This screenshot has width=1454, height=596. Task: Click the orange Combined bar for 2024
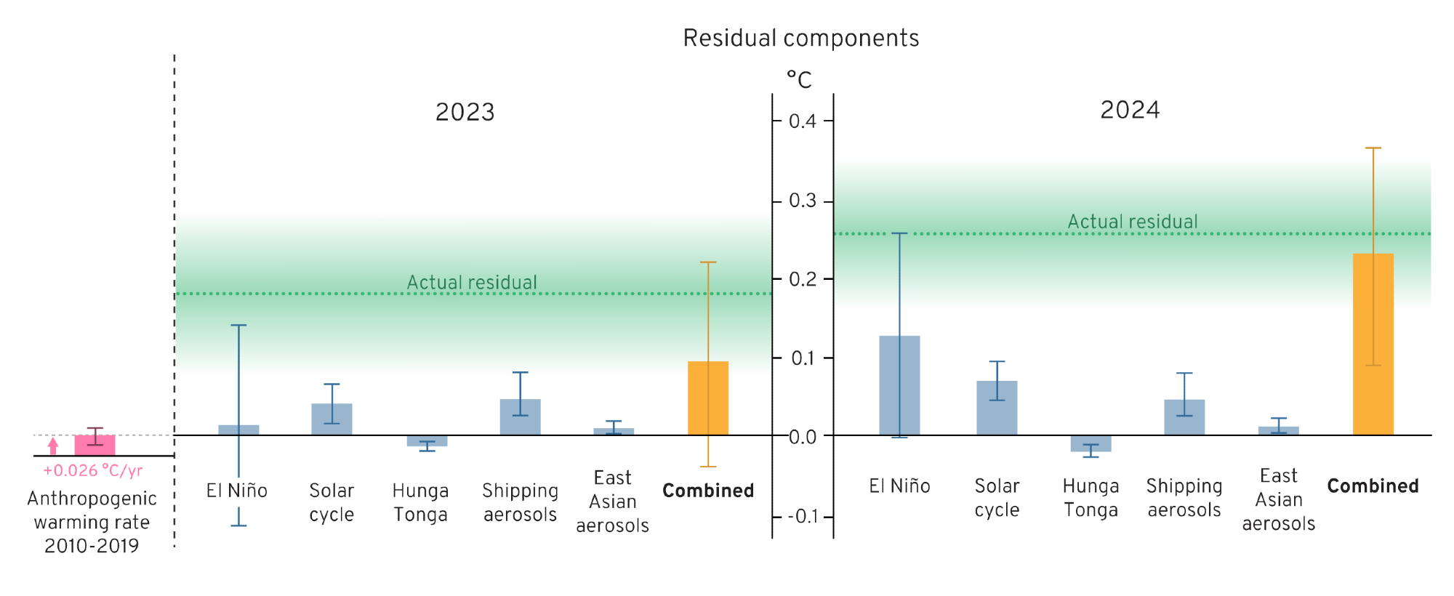[1373, 345]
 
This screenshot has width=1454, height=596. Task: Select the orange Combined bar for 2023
[708, 398]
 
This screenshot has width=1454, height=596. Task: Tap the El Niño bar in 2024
[899, 385]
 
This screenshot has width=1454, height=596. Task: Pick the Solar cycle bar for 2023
[332, 419]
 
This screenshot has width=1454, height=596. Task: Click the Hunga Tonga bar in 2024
[1090, 443]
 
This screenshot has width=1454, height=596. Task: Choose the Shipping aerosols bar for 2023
[520, 417]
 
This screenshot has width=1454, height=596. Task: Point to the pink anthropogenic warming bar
[95, 445]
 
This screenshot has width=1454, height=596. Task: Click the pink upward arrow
[53, 446]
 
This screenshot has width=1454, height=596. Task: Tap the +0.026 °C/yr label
[92, 471]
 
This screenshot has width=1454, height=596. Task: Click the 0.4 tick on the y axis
[802, 121]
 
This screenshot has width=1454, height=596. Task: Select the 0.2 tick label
[802, 279]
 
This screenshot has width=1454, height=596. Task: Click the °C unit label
[799, 79]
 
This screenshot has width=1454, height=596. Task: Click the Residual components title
[800, 38]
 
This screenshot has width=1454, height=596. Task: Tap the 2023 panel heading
[465, 112]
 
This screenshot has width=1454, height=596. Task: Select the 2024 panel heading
[1130, 110]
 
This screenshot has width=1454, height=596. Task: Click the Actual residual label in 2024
[1132, 222]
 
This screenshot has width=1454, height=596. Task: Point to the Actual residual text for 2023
[472, 282]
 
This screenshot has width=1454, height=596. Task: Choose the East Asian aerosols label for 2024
[1278, 499]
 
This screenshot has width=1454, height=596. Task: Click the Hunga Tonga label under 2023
[420, 502]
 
